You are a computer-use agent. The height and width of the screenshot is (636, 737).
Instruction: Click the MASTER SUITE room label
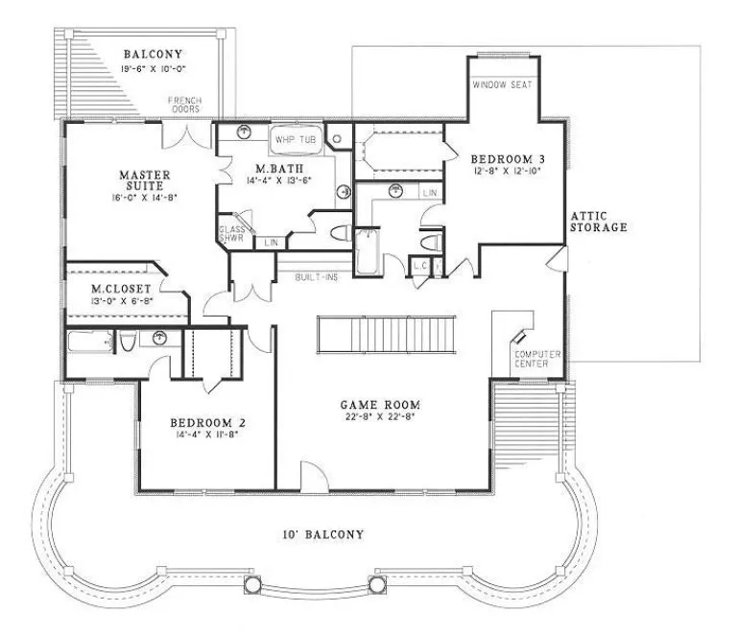coord(145,181)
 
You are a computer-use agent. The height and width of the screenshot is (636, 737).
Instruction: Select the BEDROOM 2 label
coord(209,423)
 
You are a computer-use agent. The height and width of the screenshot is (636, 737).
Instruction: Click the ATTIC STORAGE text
coord(599,222)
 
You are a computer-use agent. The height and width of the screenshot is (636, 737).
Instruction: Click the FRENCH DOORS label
coord(184,105)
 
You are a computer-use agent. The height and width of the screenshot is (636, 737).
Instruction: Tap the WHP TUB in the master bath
coord(295,140)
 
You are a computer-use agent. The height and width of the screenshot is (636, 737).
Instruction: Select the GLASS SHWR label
coord(232,235)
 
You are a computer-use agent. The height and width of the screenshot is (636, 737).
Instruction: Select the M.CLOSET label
coord(110,288)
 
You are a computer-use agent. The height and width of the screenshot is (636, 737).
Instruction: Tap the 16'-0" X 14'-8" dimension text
coord(145,196)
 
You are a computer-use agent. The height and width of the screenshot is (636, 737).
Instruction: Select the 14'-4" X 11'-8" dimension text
coord(209,436)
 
